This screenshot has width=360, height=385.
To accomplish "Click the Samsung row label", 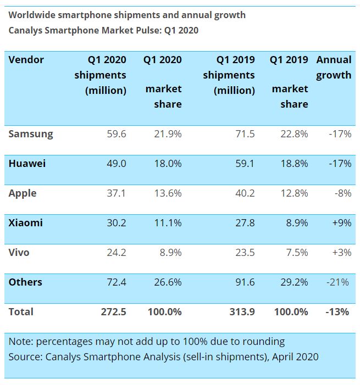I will pos(31,133).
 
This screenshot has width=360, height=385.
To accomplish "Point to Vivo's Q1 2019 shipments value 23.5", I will pos(243,252).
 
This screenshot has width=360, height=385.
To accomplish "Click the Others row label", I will pos(25,282).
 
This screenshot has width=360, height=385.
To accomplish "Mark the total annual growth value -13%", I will pos(337,311).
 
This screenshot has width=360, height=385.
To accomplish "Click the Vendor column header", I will pos(26,59).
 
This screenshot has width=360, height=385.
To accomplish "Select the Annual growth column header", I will pos(334,67).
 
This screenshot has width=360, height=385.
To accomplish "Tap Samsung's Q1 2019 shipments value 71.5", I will pos(243,133).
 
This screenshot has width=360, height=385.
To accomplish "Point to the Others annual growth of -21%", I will pos(337,282).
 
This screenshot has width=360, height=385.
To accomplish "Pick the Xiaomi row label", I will pos(25,222).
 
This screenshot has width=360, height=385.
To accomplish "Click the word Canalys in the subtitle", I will pos(26,30).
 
